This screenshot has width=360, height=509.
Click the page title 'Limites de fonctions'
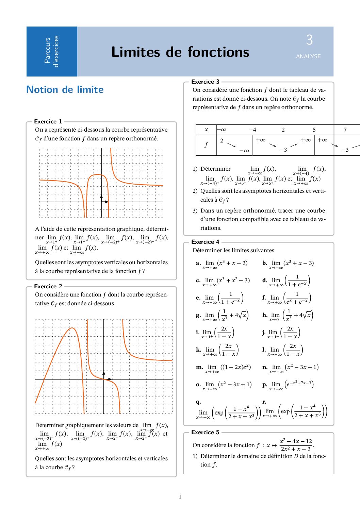(180, 52)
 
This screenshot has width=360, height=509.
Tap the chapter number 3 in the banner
(309, 40)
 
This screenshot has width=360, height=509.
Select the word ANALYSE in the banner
(308, 56)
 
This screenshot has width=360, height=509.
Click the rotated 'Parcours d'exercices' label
(51, 51)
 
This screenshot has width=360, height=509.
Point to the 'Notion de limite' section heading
(65, 89)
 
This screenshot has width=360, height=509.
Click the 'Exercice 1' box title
(48, 121)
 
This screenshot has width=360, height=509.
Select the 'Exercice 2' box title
(48, 286)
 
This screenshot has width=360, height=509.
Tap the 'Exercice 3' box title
(205, 82)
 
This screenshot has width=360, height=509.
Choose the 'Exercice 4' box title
(205, 242)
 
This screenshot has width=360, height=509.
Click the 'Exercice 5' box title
(205, 432)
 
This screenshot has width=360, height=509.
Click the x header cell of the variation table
(206, 130)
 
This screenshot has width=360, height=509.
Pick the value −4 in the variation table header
(252, 130)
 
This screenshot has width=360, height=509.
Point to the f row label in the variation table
(206, 145)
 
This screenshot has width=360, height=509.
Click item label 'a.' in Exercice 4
(198, 263)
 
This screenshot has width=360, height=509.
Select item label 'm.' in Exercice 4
(199, 367)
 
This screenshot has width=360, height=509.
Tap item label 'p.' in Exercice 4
(265, 385)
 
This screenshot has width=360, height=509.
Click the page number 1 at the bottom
(180, 496)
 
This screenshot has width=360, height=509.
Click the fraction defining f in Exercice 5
(296, 445)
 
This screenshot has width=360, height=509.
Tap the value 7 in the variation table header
(345, 130)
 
